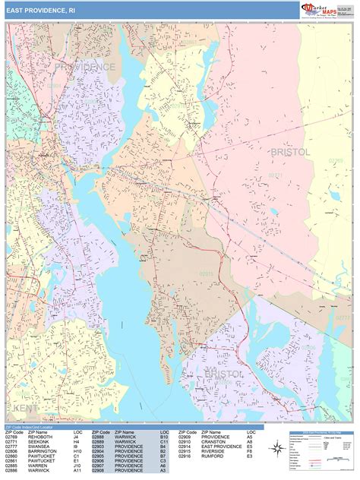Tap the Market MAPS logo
[x=321, y=9]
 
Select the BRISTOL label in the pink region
[x=290, y=152]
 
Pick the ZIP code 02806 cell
[x=13, y=452]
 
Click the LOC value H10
[x=78, y=452]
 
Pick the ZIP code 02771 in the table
[x=13, y=442]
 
